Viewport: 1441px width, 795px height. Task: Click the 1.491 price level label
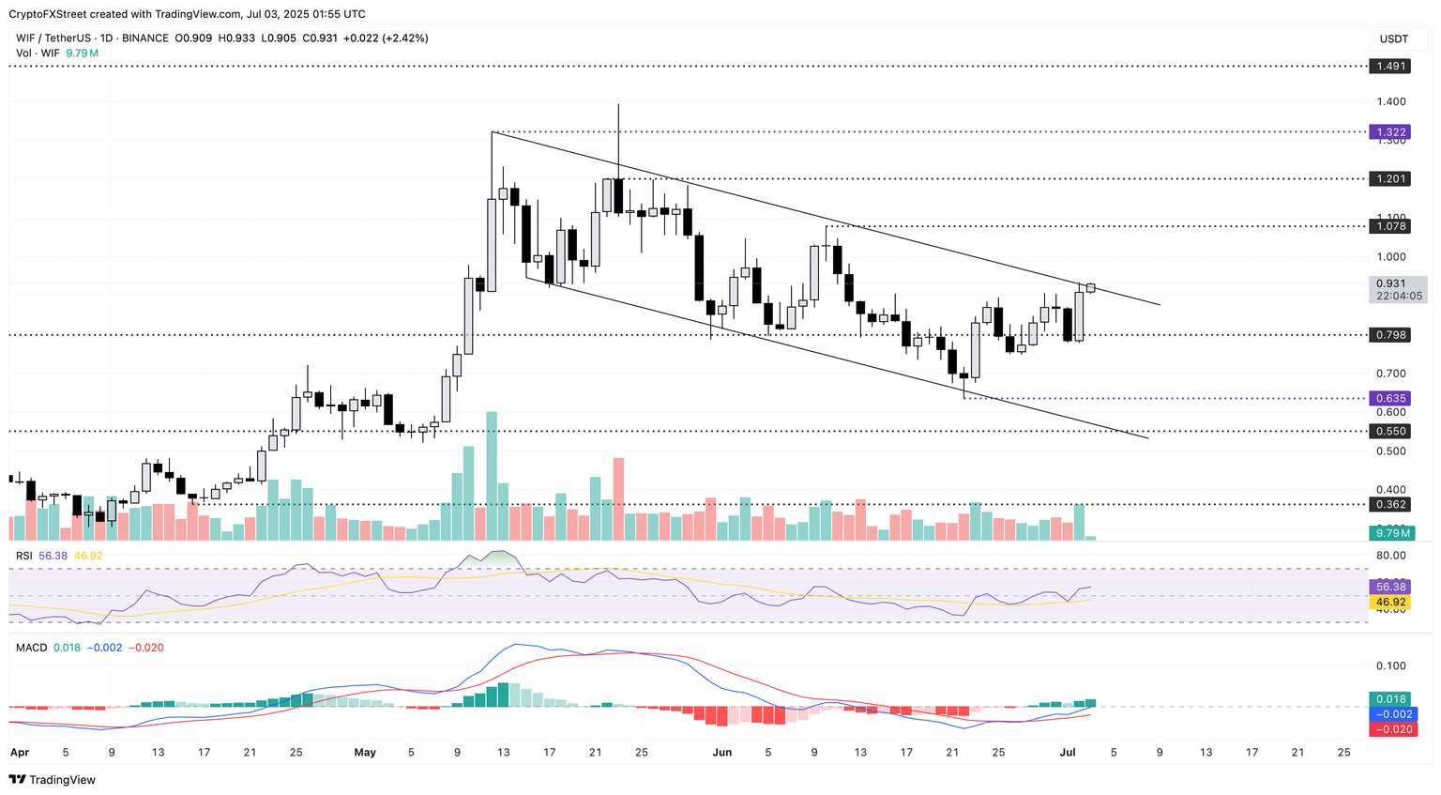point(1390,67)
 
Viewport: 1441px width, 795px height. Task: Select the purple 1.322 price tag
point(1390,132)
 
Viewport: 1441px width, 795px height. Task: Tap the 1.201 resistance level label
point(1390,178)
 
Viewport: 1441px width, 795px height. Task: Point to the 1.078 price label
point(1390,226)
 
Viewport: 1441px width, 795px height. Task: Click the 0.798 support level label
point(1390,335)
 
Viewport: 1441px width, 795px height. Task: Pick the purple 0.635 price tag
point(1390,398)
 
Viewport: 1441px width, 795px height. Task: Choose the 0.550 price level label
point(1390,431)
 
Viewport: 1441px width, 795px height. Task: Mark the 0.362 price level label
point(1390,504)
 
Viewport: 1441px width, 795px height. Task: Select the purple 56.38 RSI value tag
point(1390,587)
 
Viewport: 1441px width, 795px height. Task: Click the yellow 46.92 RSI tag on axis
point(1390,602)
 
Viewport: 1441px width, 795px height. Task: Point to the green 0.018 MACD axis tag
point(1390,699)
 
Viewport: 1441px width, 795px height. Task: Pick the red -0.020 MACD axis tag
point(1392,729)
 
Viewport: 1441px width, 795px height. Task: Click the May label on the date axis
point(365,753)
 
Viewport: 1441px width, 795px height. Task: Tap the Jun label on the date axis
point(721,753)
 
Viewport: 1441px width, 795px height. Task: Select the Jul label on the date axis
point(1067,753)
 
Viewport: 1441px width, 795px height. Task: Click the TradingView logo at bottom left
point(53,780)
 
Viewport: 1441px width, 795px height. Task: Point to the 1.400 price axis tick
point(1390,101)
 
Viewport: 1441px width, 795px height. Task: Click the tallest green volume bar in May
point(491,475)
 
